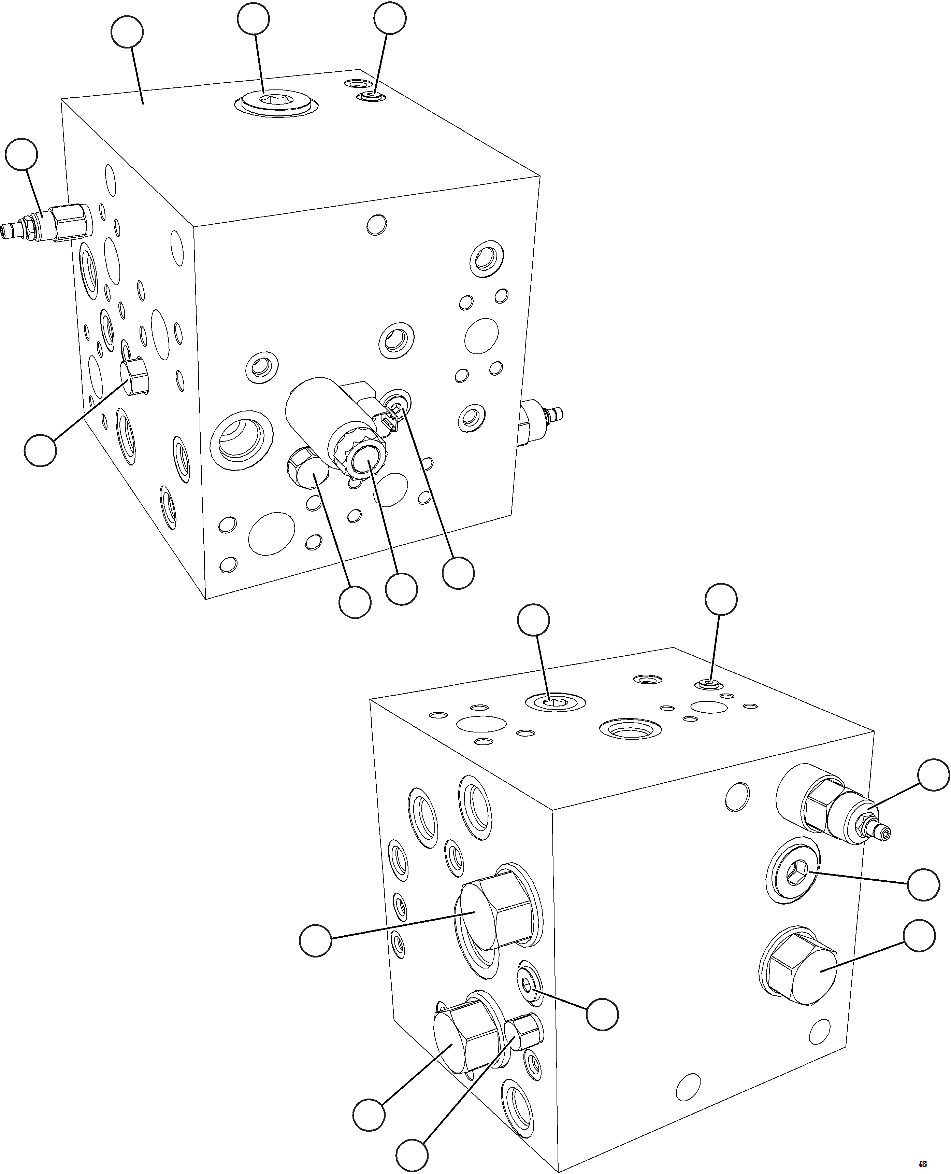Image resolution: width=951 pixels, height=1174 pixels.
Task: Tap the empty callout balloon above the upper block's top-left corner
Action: pyautogui.click(x=127, y=33)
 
